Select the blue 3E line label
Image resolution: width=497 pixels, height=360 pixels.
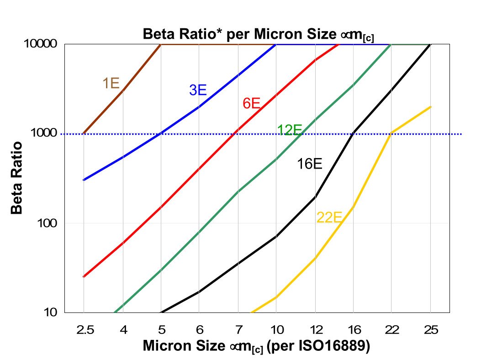pos(198,90)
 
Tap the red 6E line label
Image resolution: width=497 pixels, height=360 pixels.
pos(251,103)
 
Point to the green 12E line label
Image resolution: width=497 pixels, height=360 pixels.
pos(290,130)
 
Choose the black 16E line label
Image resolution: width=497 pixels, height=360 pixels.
pos(310,164)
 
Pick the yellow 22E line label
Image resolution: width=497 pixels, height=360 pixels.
pos(329,218)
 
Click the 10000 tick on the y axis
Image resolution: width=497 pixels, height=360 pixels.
pos(40,44)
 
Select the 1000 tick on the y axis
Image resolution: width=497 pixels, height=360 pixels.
pos(43,133)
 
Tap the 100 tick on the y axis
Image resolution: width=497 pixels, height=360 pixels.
pos(47,223)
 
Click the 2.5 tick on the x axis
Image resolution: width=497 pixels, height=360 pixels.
pos(84,329)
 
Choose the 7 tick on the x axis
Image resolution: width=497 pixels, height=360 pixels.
pos(238,329)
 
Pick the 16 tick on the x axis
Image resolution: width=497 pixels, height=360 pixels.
pos(353,329)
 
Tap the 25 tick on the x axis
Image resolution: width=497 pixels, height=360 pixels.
pos(430,329)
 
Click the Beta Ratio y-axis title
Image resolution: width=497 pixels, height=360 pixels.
pos(17,178)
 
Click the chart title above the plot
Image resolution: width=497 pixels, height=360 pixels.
pos(259,34)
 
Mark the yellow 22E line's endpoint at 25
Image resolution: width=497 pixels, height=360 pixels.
pos(430,107)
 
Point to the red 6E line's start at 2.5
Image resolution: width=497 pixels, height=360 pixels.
pos(84,276)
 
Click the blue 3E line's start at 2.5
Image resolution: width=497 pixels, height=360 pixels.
pos(84,180)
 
